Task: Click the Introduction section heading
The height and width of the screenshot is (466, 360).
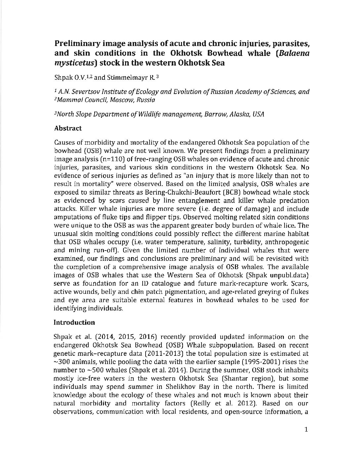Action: click(x=74, y=322)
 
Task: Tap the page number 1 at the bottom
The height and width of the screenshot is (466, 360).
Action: click(x=306, y=430)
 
